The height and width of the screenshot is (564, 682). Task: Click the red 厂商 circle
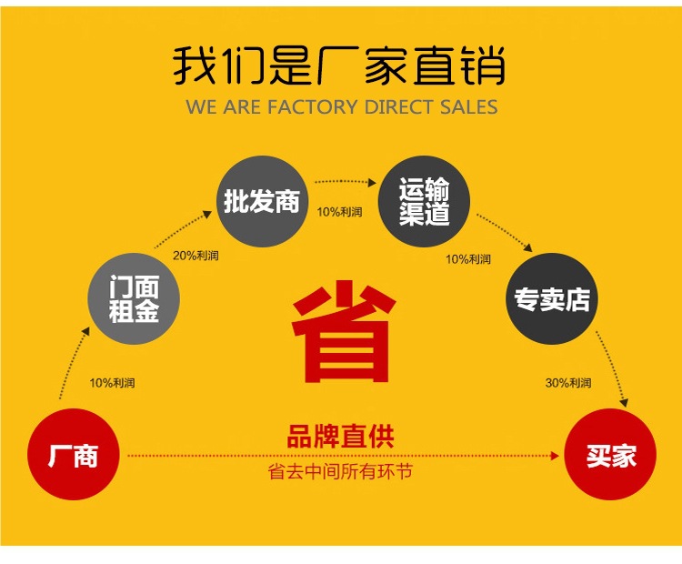[73, 454]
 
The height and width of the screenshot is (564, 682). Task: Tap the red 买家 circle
[610, 455]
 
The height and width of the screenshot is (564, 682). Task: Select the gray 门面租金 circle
[134, 299]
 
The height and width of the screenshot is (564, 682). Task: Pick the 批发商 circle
[262, 201]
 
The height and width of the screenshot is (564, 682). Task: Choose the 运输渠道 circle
[424, 202]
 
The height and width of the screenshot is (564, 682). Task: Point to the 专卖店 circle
[552, 299]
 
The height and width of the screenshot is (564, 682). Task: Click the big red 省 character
[343, 331]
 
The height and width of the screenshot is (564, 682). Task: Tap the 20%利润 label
[196, 256]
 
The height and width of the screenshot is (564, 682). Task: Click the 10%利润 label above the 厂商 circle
[112, 383]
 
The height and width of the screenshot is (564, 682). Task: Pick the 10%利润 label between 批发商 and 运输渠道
[339, 212]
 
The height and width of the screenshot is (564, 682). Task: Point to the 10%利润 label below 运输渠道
[467, 259]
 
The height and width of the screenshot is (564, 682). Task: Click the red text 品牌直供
[341, 438]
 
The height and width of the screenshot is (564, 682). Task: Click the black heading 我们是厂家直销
[339, 66]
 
